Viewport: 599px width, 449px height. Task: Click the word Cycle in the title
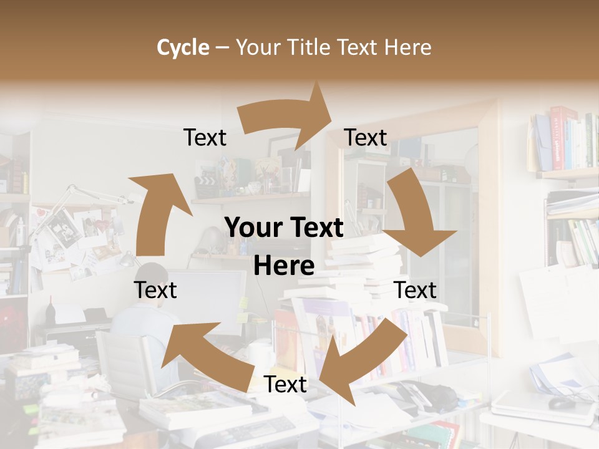pos(183,47)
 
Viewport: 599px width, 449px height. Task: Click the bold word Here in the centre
pos(284,266)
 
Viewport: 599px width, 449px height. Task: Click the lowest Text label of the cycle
pos(285,385)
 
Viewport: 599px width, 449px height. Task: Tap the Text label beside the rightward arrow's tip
pos(366,138)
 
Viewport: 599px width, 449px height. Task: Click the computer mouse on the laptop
pos(562,403)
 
